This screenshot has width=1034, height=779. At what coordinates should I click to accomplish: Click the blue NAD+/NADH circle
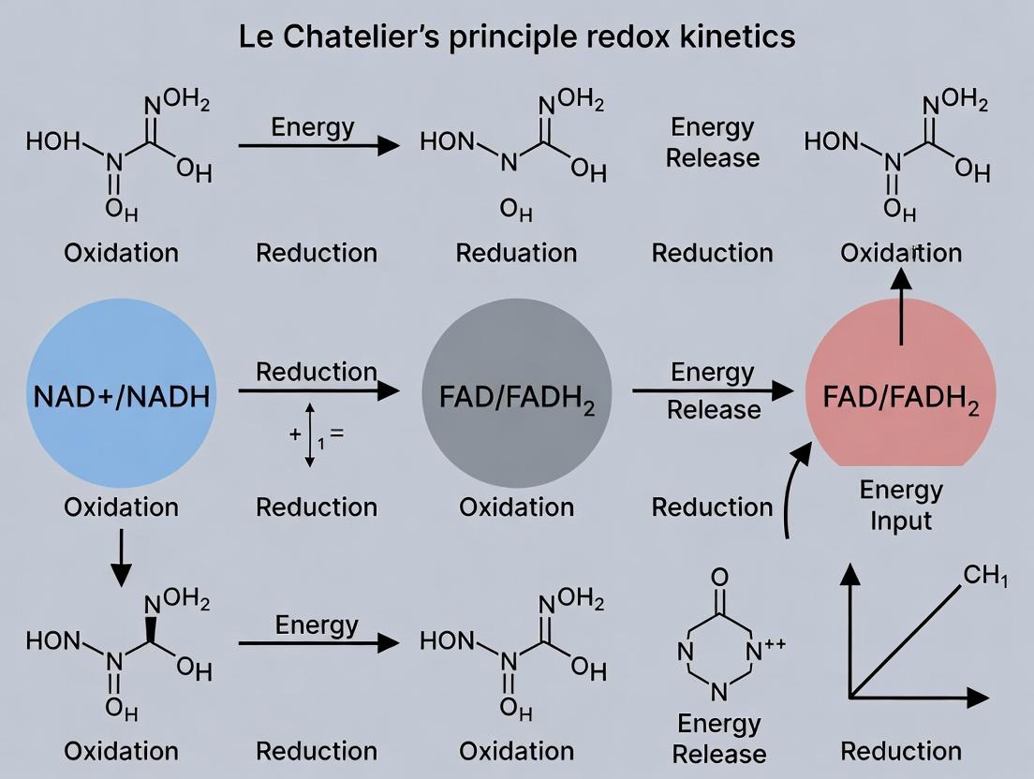point(122,395)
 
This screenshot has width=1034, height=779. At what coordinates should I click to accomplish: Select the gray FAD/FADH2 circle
point(517,395)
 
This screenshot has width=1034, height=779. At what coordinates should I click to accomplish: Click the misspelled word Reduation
point(516,253)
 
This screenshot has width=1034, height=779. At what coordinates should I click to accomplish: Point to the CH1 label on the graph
point(984,576)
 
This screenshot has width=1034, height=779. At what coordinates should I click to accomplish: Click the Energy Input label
point(901,505)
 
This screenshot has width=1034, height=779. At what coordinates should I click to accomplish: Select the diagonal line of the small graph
point(907,640)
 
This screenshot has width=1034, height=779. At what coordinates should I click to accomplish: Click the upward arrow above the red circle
point(901,304)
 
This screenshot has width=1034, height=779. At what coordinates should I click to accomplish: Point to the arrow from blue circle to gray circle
point(318,389)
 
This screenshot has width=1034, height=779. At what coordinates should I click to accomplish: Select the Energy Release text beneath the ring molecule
point(719,738)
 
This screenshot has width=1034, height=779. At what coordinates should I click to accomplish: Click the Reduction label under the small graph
point(901,751)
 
